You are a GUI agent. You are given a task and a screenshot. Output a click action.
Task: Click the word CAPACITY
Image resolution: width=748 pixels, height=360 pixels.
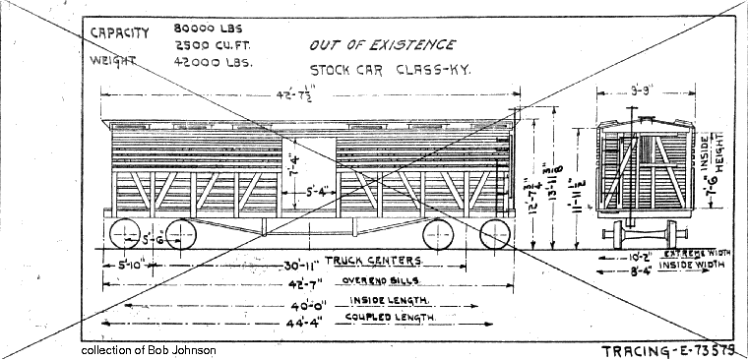point(120,32)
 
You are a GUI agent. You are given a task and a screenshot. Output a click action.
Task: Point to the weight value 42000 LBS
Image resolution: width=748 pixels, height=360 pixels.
point(213,61)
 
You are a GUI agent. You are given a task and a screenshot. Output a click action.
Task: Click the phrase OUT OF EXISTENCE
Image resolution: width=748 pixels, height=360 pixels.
point(382,45)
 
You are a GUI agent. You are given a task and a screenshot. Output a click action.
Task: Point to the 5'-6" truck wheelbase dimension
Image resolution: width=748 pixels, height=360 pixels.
point(153,238)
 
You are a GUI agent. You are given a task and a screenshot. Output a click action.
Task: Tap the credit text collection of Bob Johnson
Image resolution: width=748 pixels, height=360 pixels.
point(150,350)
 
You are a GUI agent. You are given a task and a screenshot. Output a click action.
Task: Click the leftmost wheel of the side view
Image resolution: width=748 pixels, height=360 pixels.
point(126,235)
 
